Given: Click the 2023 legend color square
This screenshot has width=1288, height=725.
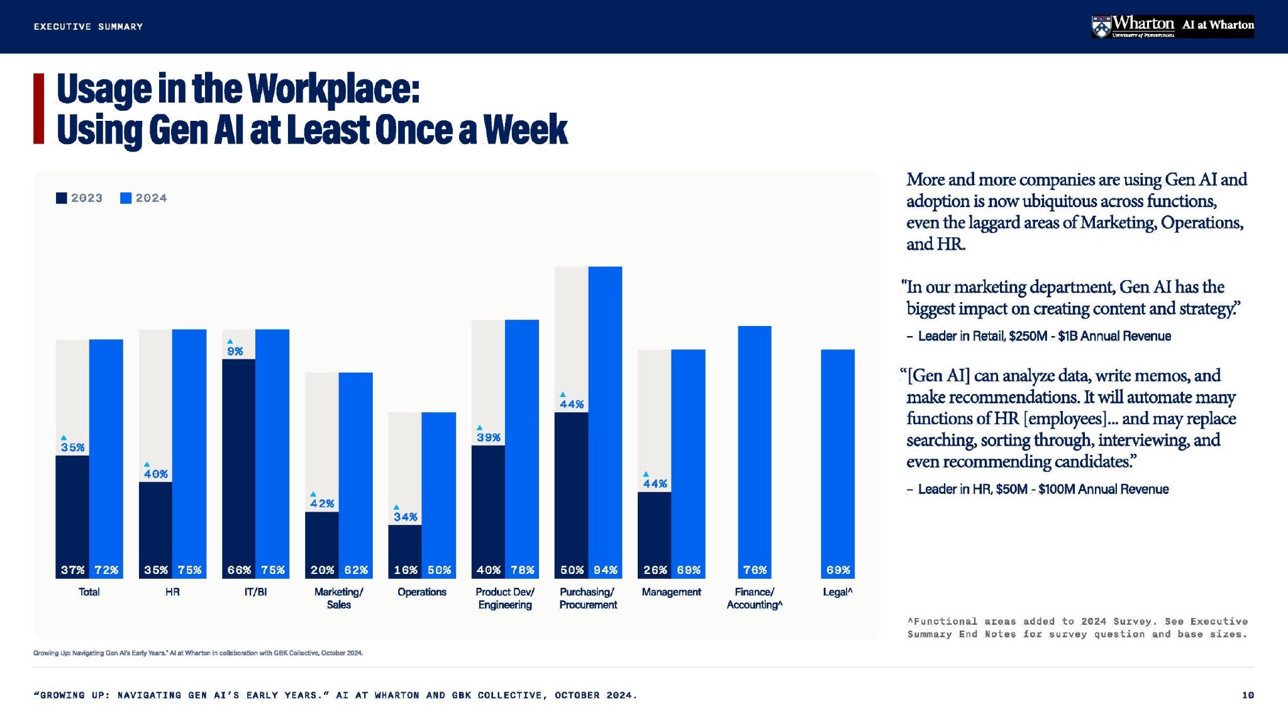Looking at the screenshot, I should pos(61,198).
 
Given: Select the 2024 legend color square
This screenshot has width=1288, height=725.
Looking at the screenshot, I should pos(126,198).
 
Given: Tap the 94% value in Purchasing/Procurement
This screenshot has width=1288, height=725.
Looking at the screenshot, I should pos(605,570).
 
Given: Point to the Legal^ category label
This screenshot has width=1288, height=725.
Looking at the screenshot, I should pos(838,592).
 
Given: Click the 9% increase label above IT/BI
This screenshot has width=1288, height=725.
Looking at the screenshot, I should pos(235,351).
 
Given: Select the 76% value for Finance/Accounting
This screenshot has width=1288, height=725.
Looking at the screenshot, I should pos(755,570).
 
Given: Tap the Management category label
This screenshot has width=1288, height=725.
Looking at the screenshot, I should pos(671,592).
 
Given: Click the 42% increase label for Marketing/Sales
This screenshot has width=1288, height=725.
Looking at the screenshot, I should pos(322,503).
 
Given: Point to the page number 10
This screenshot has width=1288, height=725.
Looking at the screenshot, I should pos(1248,695).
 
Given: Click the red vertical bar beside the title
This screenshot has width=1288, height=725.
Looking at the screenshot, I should pos(39,109).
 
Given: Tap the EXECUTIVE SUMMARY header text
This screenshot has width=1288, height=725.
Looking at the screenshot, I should pos(89,26).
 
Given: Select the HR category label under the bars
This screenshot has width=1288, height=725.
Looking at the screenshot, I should pos(172,592).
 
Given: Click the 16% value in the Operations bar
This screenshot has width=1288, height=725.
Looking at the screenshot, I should pos(405,570).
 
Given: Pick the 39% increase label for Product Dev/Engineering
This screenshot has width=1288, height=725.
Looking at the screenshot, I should pos(488,437).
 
